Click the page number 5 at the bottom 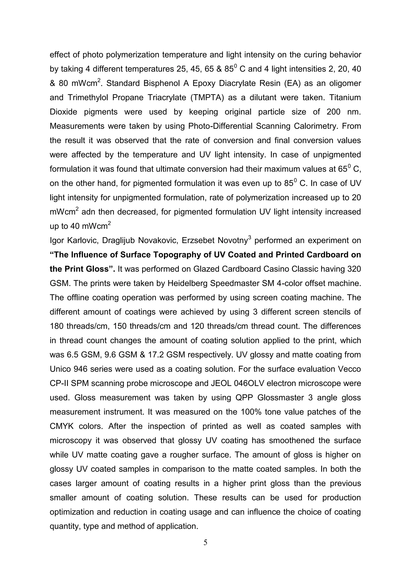point(205,542)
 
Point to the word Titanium point(345,98)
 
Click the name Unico point(60,369)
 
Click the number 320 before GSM point(354,269)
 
